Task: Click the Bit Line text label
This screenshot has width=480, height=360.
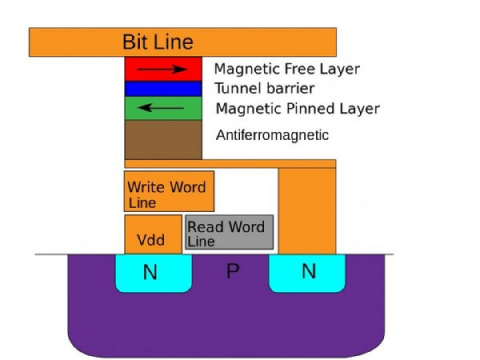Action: tap(158, 42)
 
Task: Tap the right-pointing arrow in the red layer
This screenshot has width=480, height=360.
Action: tap(162, 69)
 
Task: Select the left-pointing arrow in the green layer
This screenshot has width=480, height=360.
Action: tap(161, 108)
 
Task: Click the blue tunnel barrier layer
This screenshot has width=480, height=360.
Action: tap(163, 89)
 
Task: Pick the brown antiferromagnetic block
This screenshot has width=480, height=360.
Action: tap(163, 140)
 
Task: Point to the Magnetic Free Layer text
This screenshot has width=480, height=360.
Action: tap(287, 69)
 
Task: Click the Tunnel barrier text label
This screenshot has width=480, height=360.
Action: tap(264, 88)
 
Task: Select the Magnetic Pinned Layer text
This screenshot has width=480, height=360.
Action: tap(298, 108)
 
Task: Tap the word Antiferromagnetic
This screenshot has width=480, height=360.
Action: tap(272, 135)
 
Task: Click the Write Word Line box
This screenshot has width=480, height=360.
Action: tap(169, 192)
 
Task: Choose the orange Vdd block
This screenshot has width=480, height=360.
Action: tap(153, 234)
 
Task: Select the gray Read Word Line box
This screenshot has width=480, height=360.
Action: tap(229, 232)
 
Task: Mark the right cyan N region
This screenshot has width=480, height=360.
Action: tap(308, 271)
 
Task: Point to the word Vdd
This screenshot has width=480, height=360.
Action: tap(151, 240)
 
